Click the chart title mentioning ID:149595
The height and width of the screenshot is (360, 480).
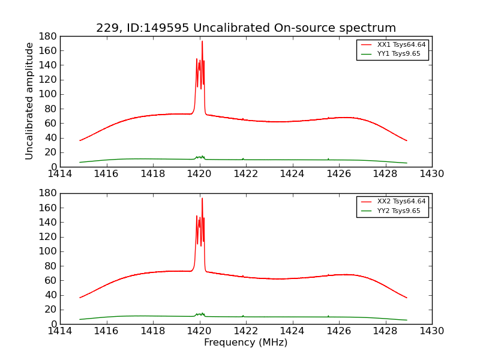click(246, 28)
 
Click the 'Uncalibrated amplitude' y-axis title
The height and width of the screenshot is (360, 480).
click(29, 101)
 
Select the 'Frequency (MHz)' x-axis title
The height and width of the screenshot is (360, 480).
click(246, 343)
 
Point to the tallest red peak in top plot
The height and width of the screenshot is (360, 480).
click(202, 41)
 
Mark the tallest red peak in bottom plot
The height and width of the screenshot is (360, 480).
click(202, 199)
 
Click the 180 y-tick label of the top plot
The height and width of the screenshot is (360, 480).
click(49, 36)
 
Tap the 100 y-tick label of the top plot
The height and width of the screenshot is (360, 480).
click(49, 94)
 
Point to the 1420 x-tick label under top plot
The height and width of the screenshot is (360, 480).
click(200, 174)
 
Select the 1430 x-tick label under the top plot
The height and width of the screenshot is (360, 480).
click(431, 174)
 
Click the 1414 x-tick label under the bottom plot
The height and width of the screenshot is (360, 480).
click(61, 331)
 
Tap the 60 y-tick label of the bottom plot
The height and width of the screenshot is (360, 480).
click(51, 280)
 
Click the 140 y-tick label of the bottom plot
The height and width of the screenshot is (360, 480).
click(49, 222)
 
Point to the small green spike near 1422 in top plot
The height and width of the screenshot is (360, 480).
click(243, 158)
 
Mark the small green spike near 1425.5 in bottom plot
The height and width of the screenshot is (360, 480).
click(328, 316)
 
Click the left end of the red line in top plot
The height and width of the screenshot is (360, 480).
click(80, 140)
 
